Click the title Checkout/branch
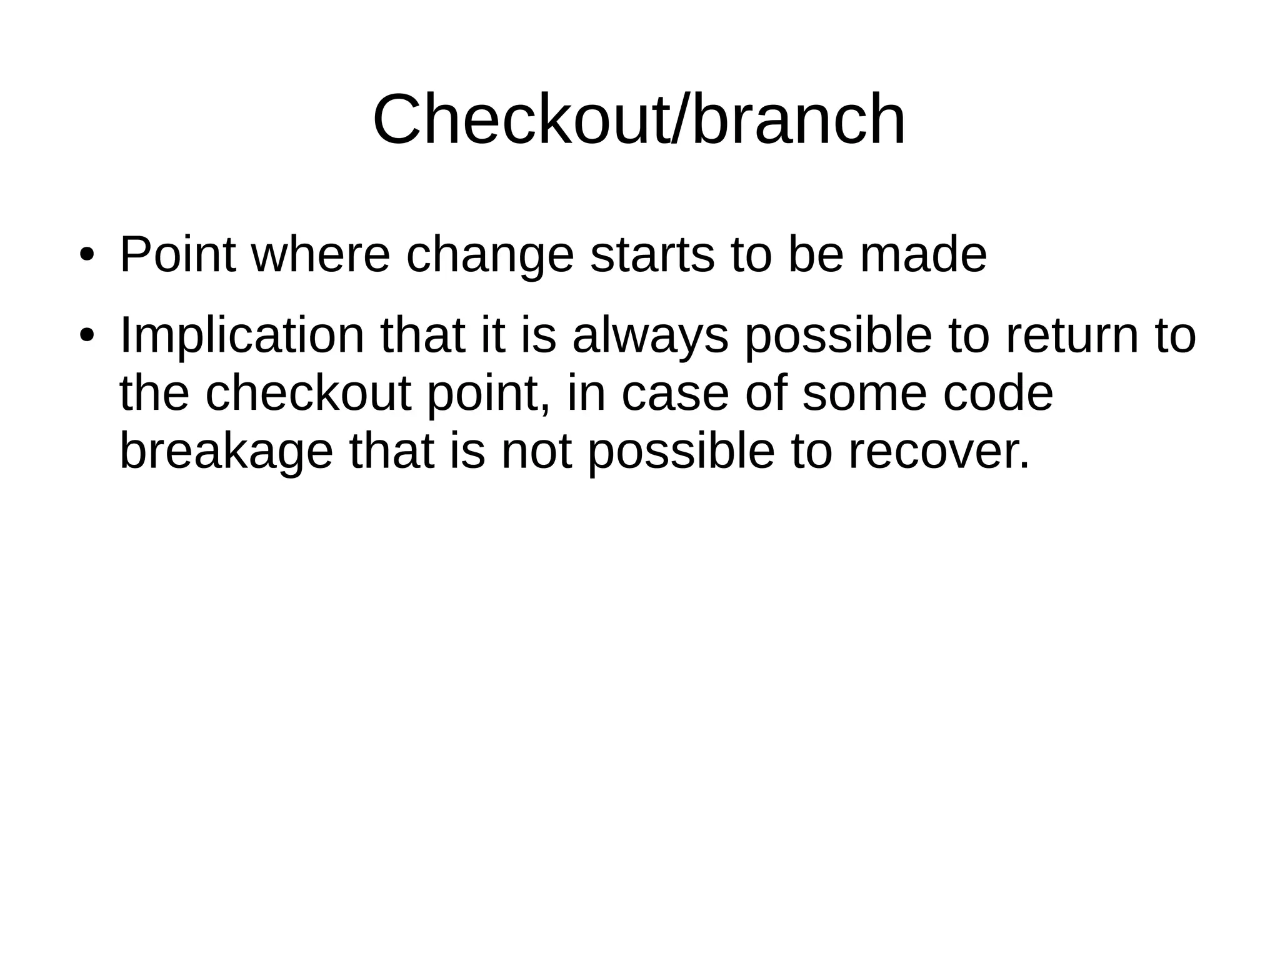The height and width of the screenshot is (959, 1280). point(639,119)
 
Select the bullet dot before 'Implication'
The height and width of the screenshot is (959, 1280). point(87,335)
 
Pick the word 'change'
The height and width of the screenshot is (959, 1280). point(489,256)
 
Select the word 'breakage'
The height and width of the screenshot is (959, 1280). point(226,452)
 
